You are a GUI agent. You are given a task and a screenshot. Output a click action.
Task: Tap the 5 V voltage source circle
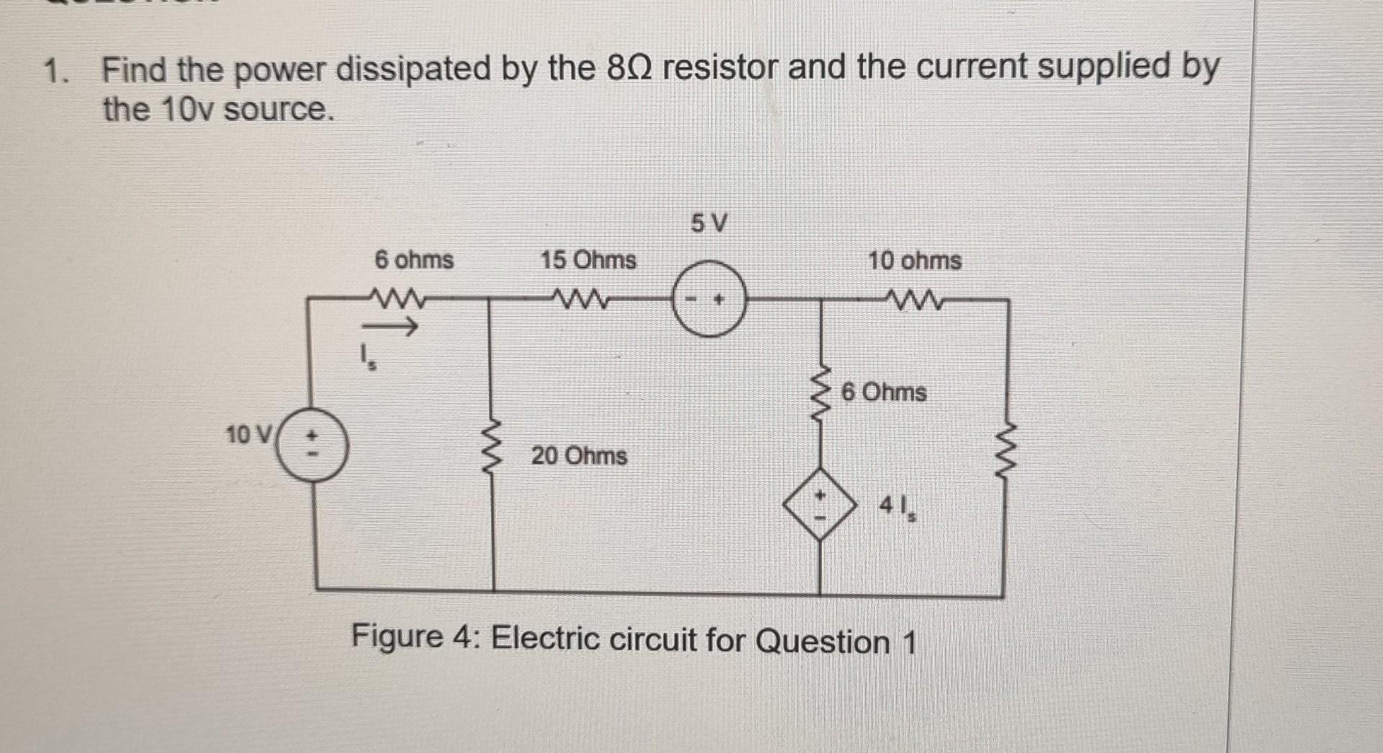coord(709,299)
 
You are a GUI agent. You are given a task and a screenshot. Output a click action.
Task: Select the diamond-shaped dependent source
coord(820,504)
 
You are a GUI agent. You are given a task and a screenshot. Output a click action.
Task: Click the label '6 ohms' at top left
coord(414,260)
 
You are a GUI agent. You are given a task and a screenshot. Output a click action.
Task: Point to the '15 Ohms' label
coord(588,260)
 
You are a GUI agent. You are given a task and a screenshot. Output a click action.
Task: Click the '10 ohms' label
coord(914,261)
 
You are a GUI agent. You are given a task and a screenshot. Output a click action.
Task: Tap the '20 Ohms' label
coord(579,456)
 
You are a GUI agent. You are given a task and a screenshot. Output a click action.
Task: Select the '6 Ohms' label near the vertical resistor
coord(883,392)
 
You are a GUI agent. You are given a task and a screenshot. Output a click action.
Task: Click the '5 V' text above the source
coord(710,224)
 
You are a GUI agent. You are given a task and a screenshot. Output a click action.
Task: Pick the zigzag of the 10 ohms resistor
coord(914,297)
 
